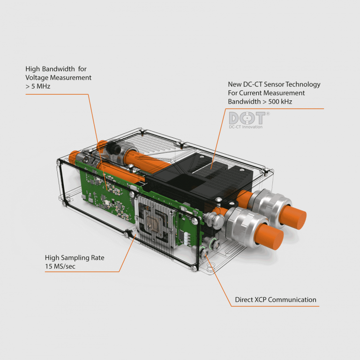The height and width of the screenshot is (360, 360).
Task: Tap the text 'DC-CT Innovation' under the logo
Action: pos(246,127)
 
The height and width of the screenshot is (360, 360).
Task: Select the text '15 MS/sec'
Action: pos(60,266)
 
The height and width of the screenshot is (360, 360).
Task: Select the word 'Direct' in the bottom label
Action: pos(245,300)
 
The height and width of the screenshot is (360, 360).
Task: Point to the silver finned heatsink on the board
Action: pos(152,221)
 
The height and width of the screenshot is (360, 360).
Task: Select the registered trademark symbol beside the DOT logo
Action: pos(268,113)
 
